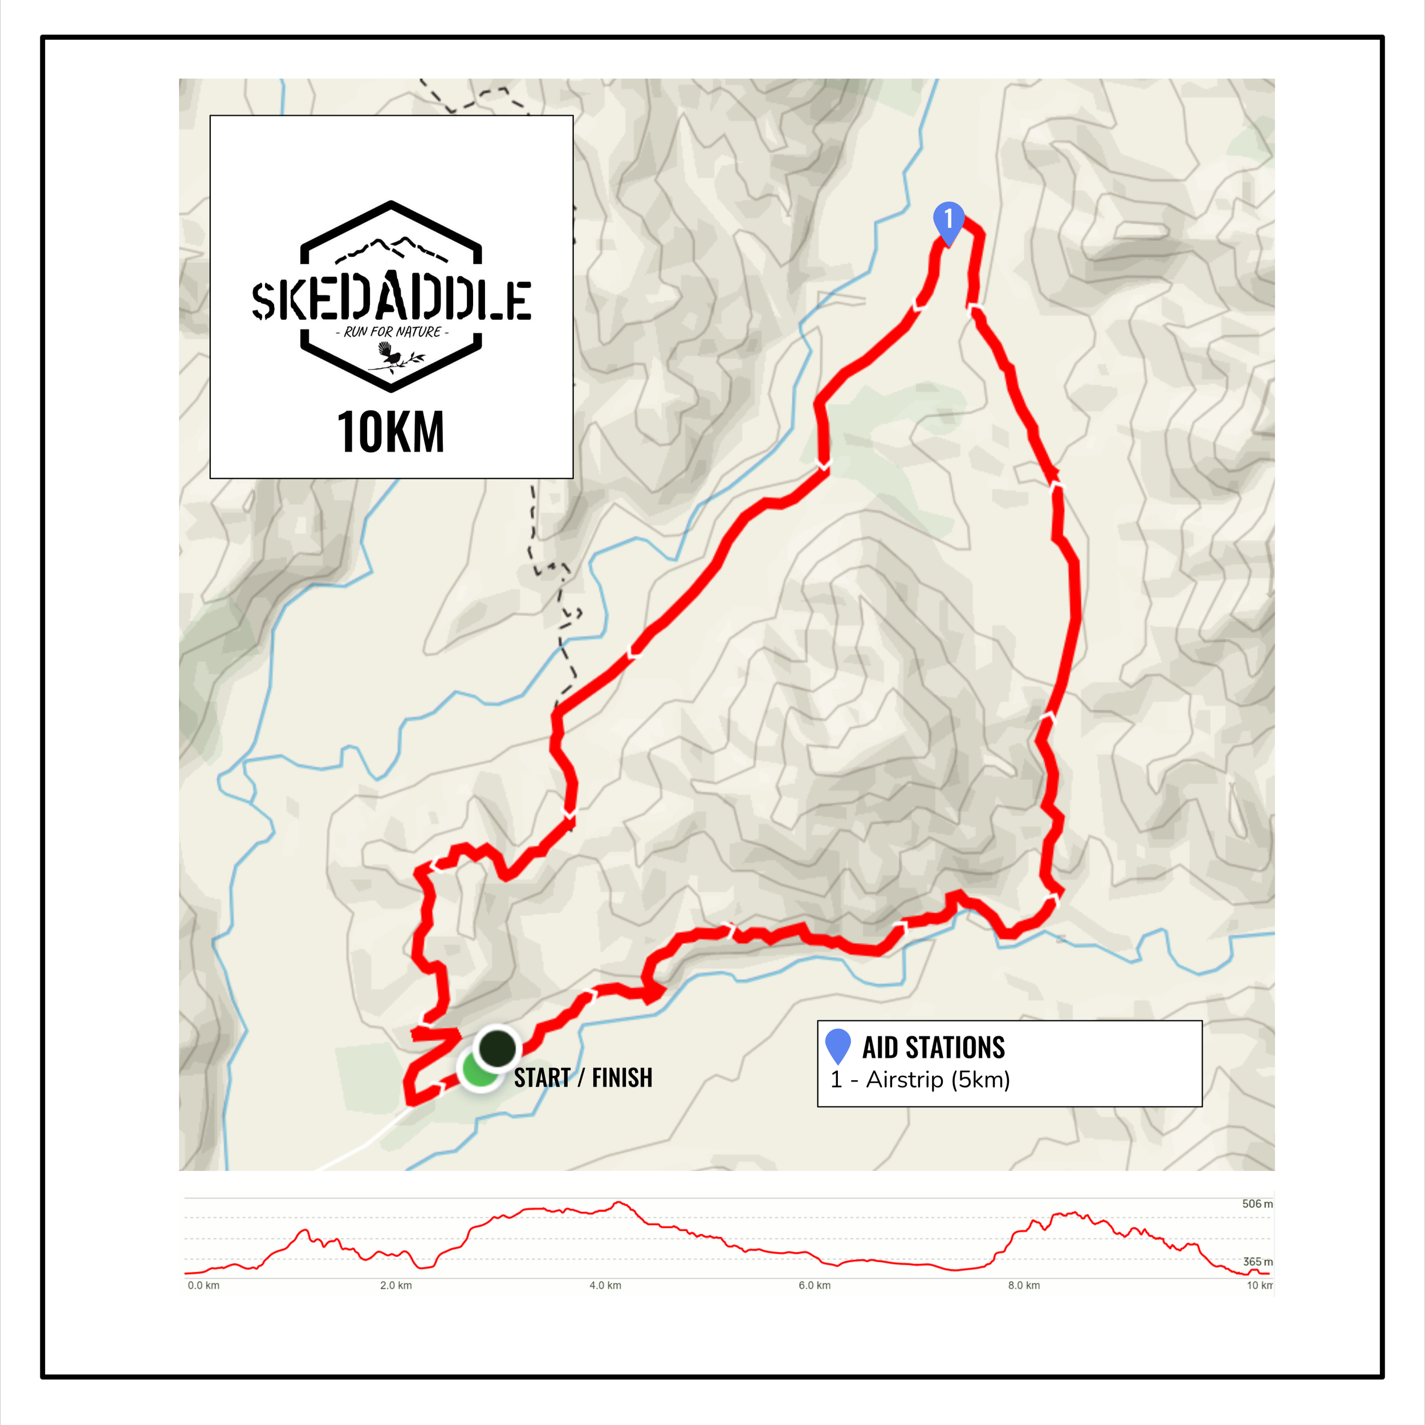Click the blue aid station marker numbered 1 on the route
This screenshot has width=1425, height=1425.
coord(948,221)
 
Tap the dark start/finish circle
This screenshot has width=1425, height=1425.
coord(498,1047)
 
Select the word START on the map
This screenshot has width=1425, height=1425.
coord(542,1078)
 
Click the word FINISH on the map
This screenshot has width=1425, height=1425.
coord(622,1078)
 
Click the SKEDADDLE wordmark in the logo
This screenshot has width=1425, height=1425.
coord(391,300)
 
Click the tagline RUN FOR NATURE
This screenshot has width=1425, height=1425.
coord(392,332)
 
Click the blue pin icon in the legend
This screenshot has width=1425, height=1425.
coord(838,1046)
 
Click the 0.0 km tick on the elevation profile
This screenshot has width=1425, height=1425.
coord(203,1285)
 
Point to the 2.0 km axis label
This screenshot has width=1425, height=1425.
coord(396,1285)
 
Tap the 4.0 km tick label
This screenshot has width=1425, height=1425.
coord(605,1285)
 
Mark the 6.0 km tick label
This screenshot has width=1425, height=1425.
coord(815,1285)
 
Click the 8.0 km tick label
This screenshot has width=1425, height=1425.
coord(1024,1285)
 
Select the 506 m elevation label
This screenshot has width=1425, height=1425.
coord(1257,1204)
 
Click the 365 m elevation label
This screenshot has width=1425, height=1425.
coord(1257,1262)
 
